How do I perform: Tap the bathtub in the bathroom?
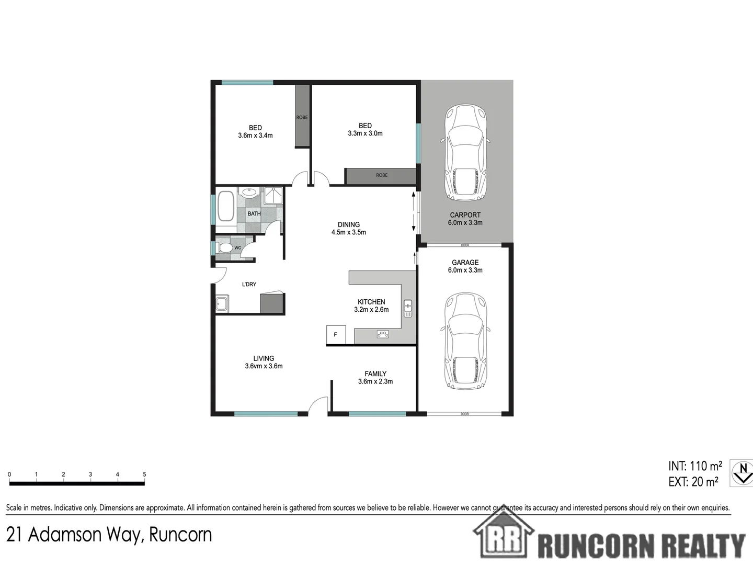click(x=226, y=207)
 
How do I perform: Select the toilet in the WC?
click(x=224, y=247)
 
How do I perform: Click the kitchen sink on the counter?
click(x=408, y=308)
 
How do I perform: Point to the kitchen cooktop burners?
click(x=383, y=334)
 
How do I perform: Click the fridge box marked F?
click(x=336, y=334)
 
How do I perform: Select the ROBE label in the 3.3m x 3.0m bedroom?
click(x=382, y=175)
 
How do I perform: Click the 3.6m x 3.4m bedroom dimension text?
click(x=255, y=135)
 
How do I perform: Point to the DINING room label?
click(x=349, y=224)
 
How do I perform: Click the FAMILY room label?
click(x=375, y=374)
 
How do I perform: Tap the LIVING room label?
click(x=264, y=358)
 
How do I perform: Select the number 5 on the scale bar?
click(x=144, y=474)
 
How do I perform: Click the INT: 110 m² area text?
click(x=695, y=466)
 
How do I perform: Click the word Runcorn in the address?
click(x=180, y=535)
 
